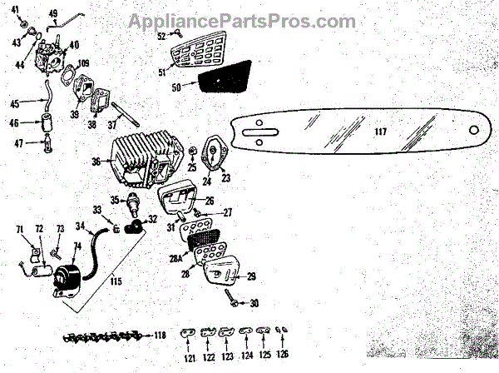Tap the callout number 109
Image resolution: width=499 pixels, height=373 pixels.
[x=82, y=62]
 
